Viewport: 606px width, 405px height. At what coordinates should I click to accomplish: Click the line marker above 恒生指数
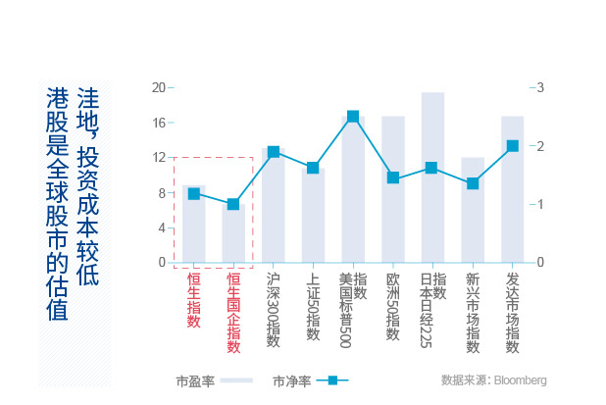(x=193, y=194)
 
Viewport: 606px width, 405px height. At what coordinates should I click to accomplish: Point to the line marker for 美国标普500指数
(x=353, y=117)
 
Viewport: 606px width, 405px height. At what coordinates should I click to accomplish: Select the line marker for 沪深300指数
(x=274, y=152)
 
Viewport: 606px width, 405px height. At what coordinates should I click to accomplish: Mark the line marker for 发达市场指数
(x=512, y=146)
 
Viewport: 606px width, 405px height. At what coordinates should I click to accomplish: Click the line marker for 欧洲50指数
(x=393, y=178)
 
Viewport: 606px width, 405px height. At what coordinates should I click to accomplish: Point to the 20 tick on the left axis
(x=159, y=87)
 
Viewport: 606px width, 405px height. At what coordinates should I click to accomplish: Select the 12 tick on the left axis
(x=159, y=158)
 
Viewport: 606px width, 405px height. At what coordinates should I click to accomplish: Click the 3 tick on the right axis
(x=538, y=87)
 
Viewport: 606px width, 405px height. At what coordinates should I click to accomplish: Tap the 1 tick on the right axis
(x=538, y=205)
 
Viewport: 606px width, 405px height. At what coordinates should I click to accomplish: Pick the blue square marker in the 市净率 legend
(x=332, y=380)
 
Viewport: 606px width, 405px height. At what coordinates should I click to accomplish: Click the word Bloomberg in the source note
(x=520, y=380)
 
